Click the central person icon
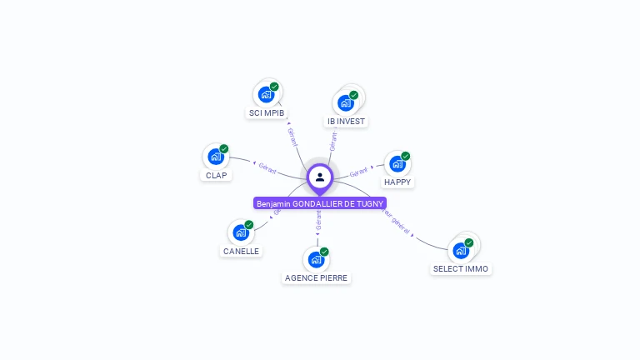point(320,177)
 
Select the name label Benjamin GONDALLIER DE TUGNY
point(320,203)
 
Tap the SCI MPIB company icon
point(266,94)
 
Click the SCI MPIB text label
point(267,112)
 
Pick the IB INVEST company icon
point(346,103)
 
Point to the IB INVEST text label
point(346,122)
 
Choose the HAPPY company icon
point(397,164)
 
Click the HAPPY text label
point(397,182)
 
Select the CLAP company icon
point(216,157)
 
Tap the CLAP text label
point(216,175)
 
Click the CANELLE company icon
point(241,232)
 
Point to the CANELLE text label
point(241,251)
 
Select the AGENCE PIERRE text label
point(317,277)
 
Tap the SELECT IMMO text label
point(461,268)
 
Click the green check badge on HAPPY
point(406,156)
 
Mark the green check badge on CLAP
point(224,148)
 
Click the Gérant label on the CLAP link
point(267,167)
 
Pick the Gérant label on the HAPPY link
point(359,172)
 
